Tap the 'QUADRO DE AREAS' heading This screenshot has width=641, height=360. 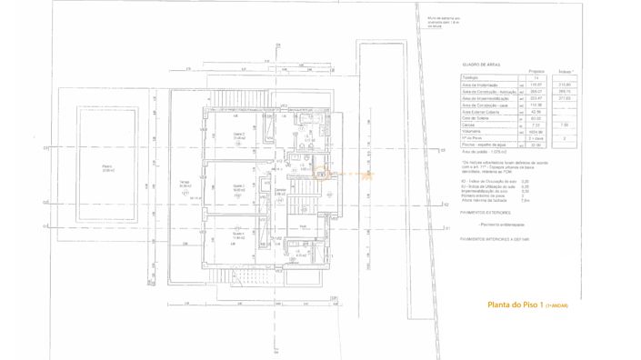[480, 65]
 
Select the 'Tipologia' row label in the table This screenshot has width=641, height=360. [472, 78]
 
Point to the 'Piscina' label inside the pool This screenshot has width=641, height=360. [107, 167]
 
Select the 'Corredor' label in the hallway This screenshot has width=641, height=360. [280, 189]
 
